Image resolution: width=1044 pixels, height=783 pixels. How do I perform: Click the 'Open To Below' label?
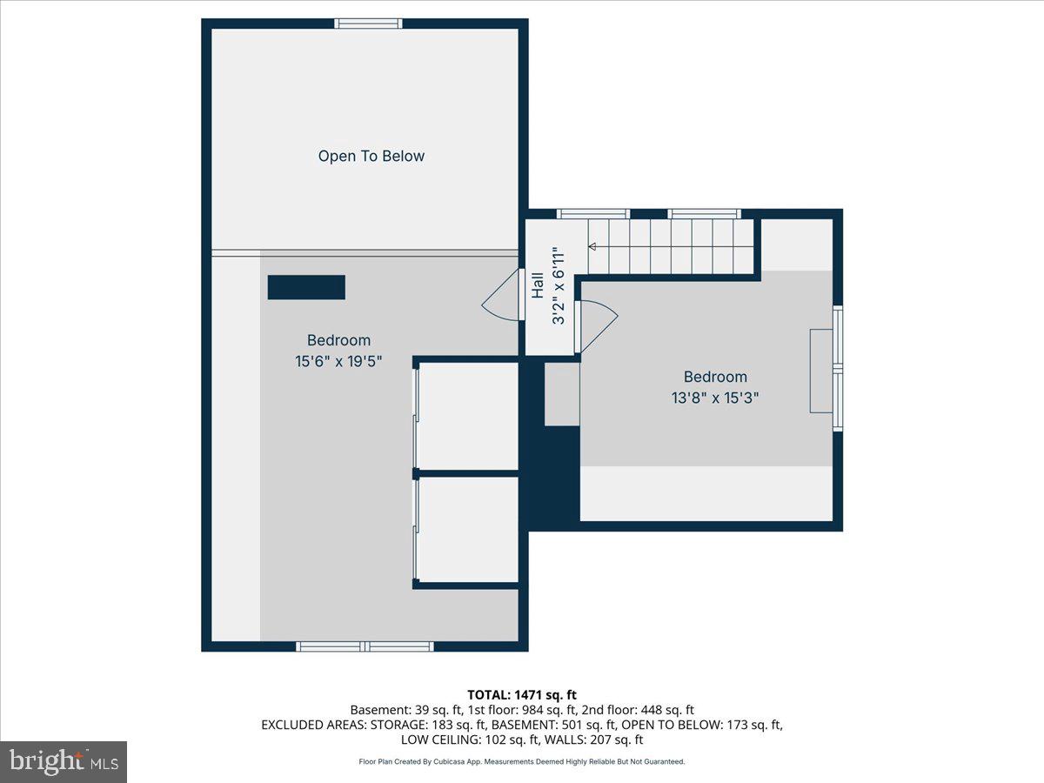point(371,157)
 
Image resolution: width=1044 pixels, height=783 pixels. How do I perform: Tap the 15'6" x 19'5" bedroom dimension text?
point(338,360)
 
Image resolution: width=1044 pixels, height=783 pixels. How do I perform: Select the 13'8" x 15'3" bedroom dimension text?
point(715,398)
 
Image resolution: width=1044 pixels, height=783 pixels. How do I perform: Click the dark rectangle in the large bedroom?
point(306,287)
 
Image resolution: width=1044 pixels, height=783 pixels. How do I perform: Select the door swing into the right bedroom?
point(596,325)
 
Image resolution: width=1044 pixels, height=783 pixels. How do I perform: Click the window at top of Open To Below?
point(369,23)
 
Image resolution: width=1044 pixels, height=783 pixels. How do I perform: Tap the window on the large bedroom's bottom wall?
point(365,646)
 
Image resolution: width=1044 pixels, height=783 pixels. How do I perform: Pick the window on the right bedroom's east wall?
point(838,368)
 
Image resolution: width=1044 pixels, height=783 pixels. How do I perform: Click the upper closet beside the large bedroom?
point(468,415)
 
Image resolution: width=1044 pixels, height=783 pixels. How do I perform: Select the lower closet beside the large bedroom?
point(468,529)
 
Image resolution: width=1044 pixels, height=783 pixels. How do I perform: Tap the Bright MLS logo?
point(64,762)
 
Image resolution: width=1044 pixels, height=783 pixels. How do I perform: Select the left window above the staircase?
point(593,214)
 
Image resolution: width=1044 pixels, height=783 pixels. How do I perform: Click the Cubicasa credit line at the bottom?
point(522,761)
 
